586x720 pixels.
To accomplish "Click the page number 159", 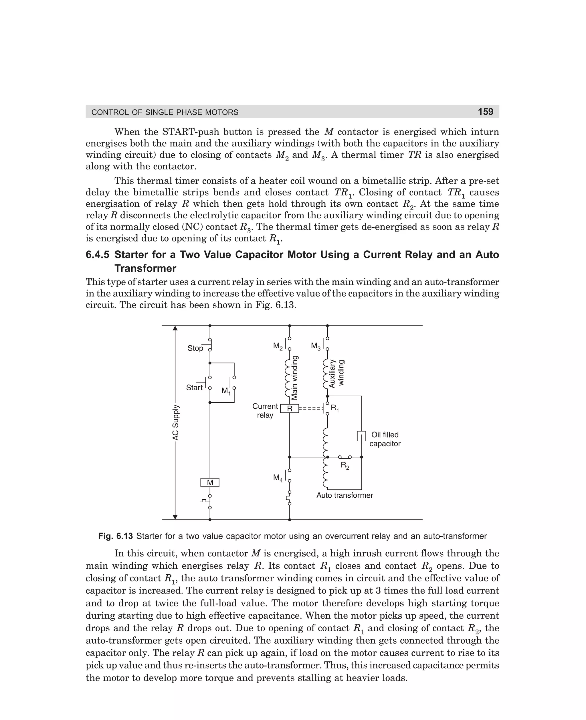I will click(x=485, y=112).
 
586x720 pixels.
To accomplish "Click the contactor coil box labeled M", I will click(x=210, y=483).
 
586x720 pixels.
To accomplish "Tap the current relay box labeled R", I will click(x=289, y=409).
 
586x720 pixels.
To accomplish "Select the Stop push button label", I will click(x=195, y=348).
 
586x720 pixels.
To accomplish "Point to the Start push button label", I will click(x=194, y=387).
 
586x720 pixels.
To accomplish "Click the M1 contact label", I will click(x=226, y=391).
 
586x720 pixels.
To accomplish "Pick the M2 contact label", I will click(x=278, y=346).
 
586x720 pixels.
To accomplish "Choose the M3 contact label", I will click(x=316, y=346).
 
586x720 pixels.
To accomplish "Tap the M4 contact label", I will click(x=278, y=478).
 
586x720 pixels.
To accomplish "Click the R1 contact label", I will click(x=334, y=408).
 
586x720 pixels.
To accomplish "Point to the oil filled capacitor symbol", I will click(x=361, y=436).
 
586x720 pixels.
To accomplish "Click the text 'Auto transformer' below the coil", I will click(x=344, y=495).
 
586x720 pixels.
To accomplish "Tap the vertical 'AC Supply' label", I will click(x=175, y=423).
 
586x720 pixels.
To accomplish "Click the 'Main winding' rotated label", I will click(x=294, y=378).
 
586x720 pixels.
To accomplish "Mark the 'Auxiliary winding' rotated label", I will click(x=336, y=373).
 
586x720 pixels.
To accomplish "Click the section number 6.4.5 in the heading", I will click(x=97, y=254).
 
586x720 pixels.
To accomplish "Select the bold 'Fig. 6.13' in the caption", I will click(x=115, y=536).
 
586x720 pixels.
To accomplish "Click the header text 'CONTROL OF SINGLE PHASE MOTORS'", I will click(x=165, y=112).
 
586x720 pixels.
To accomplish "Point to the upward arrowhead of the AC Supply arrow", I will click(x=175, y=329).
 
